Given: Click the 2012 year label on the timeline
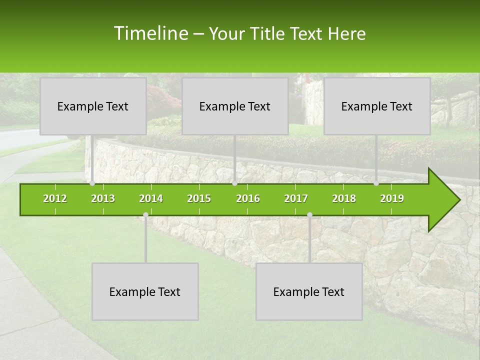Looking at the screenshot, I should click(55, 198).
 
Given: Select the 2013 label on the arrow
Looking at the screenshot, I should click(103, 198).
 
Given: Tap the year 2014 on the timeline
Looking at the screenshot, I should click(151, 198).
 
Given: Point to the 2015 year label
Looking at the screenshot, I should click(199, 198).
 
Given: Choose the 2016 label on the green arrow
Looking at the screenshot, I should click(248, 198).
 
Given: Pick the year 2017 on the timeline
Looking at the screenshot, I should click(296, 198).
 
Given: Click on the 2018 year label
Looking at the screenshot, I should click(344, 198).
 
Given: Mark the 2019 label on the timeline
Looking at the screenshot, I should click(392, 198).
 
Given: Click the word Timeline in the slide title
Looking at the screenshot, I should click(150, 33).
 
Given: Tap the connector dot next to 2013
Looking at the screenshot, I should click(92, 183).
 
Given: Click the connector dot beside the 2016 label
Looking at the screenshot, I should click(235, 183).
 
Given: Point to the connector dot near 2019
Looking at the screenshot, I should click(376, 183).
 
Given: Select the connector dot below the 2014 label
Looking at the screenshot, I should click(145, 214).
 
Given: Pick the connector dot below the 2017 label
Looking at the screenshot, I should click(309, 214).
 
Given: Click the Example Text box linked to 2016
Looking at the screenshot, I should click(235, 106).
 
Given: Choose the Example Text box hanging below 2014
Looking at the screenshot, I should click(145, 291).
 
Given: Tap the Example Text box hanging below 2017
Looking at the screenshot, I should click(309, 291).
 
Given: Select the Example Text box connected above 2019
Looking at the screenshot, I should click(377, 106).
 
